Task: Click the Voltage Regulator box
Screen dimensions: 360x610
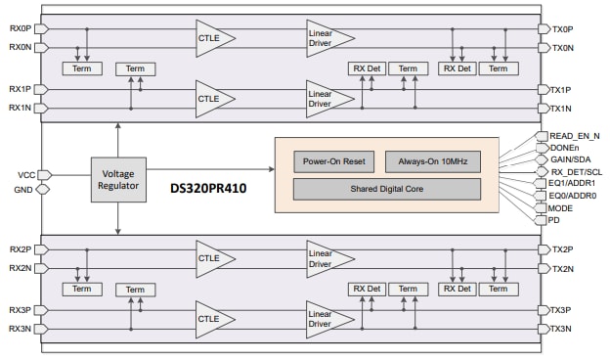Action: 118,179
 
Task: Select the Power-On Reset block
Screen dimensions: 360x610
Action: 333,161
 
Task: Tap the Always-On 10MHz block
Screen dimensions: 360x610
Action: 433,161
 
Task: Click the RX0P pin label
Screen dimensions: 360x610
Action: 20,28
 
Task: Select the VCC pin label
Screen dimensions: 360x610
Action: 26,174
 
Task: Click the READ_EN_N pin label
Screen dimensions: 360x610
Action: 575,136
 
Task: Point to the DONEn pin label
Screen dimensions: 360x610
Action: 564,148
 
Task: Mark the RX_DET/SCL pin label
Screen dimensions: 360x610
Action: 577,171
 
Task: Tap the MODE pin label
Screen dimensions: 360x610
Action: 562,207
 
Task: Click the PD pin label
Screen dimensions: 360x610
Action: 555,220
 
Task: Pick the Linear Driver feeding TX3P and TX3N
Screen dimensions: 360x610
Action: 328,319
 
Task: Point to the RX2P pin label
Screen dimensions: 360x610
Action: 20,249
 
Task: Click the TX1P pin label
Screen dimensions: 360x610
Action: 560,89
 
